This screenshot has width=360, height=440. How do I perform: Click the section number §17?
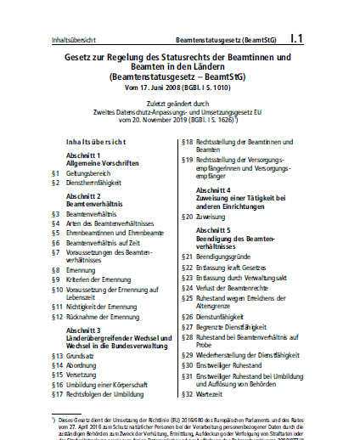pyautogui.click(x=57, y=394)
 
